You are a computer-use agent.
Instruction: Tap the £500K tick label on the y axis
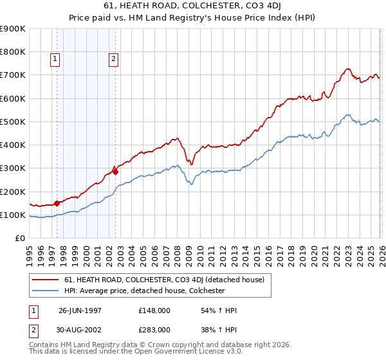(13, 122)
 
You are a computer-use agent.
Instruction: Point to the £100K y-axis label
(13, 215)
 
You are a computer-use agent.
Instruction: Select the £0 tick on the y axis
(20, 238)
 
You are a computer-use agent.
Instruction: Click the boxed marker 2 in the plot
(113, 60)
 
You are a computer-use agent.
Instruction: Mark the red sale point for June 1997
(57, 203)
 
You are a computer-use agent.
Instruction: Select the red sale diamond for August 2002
(116, 171)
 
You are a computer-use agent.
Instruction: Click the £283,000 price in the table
(154, 328)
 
